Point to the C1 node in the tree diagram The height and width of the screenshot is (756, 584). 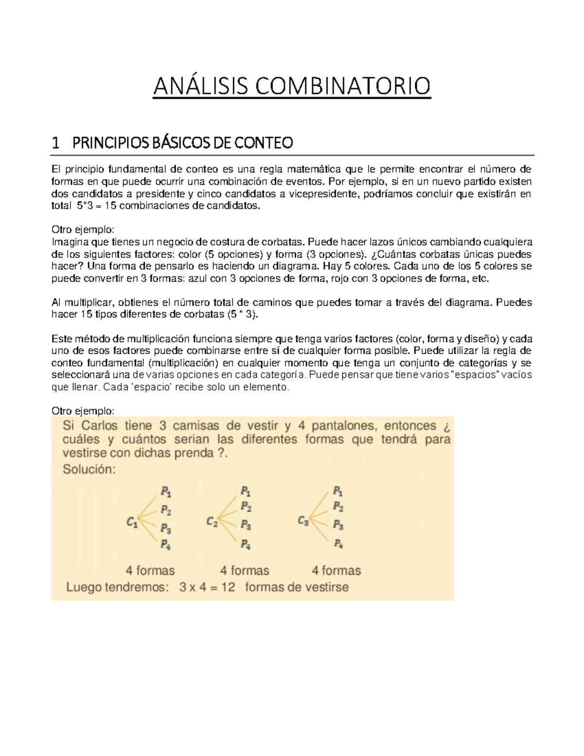(x=132, y=523)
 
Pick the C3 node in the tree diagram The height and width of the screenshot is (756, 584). (x=303, y=521)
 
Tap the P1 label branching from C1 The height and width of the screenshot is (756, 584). (x=165, y=493)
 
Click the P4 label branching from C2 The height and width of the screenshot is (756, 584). (x=246, y=545)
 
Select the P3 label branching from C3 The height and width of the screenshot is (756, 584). (x=338, y=525)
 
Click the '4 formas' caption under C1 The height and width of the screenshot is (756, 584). (x=150, y=570)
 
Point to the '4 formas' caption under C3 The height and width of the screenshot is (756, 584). (x=336, y=570)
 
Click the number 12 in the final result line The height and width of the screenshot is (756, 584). (x=227, y=587)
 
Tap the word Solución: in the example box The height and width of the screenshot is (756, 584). (x=89, y=470)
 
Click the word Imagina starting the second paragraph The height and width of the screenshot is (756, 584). (x=67, y=242)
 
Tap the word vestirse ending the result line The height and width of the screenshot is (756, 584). (x=328, y=587)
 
